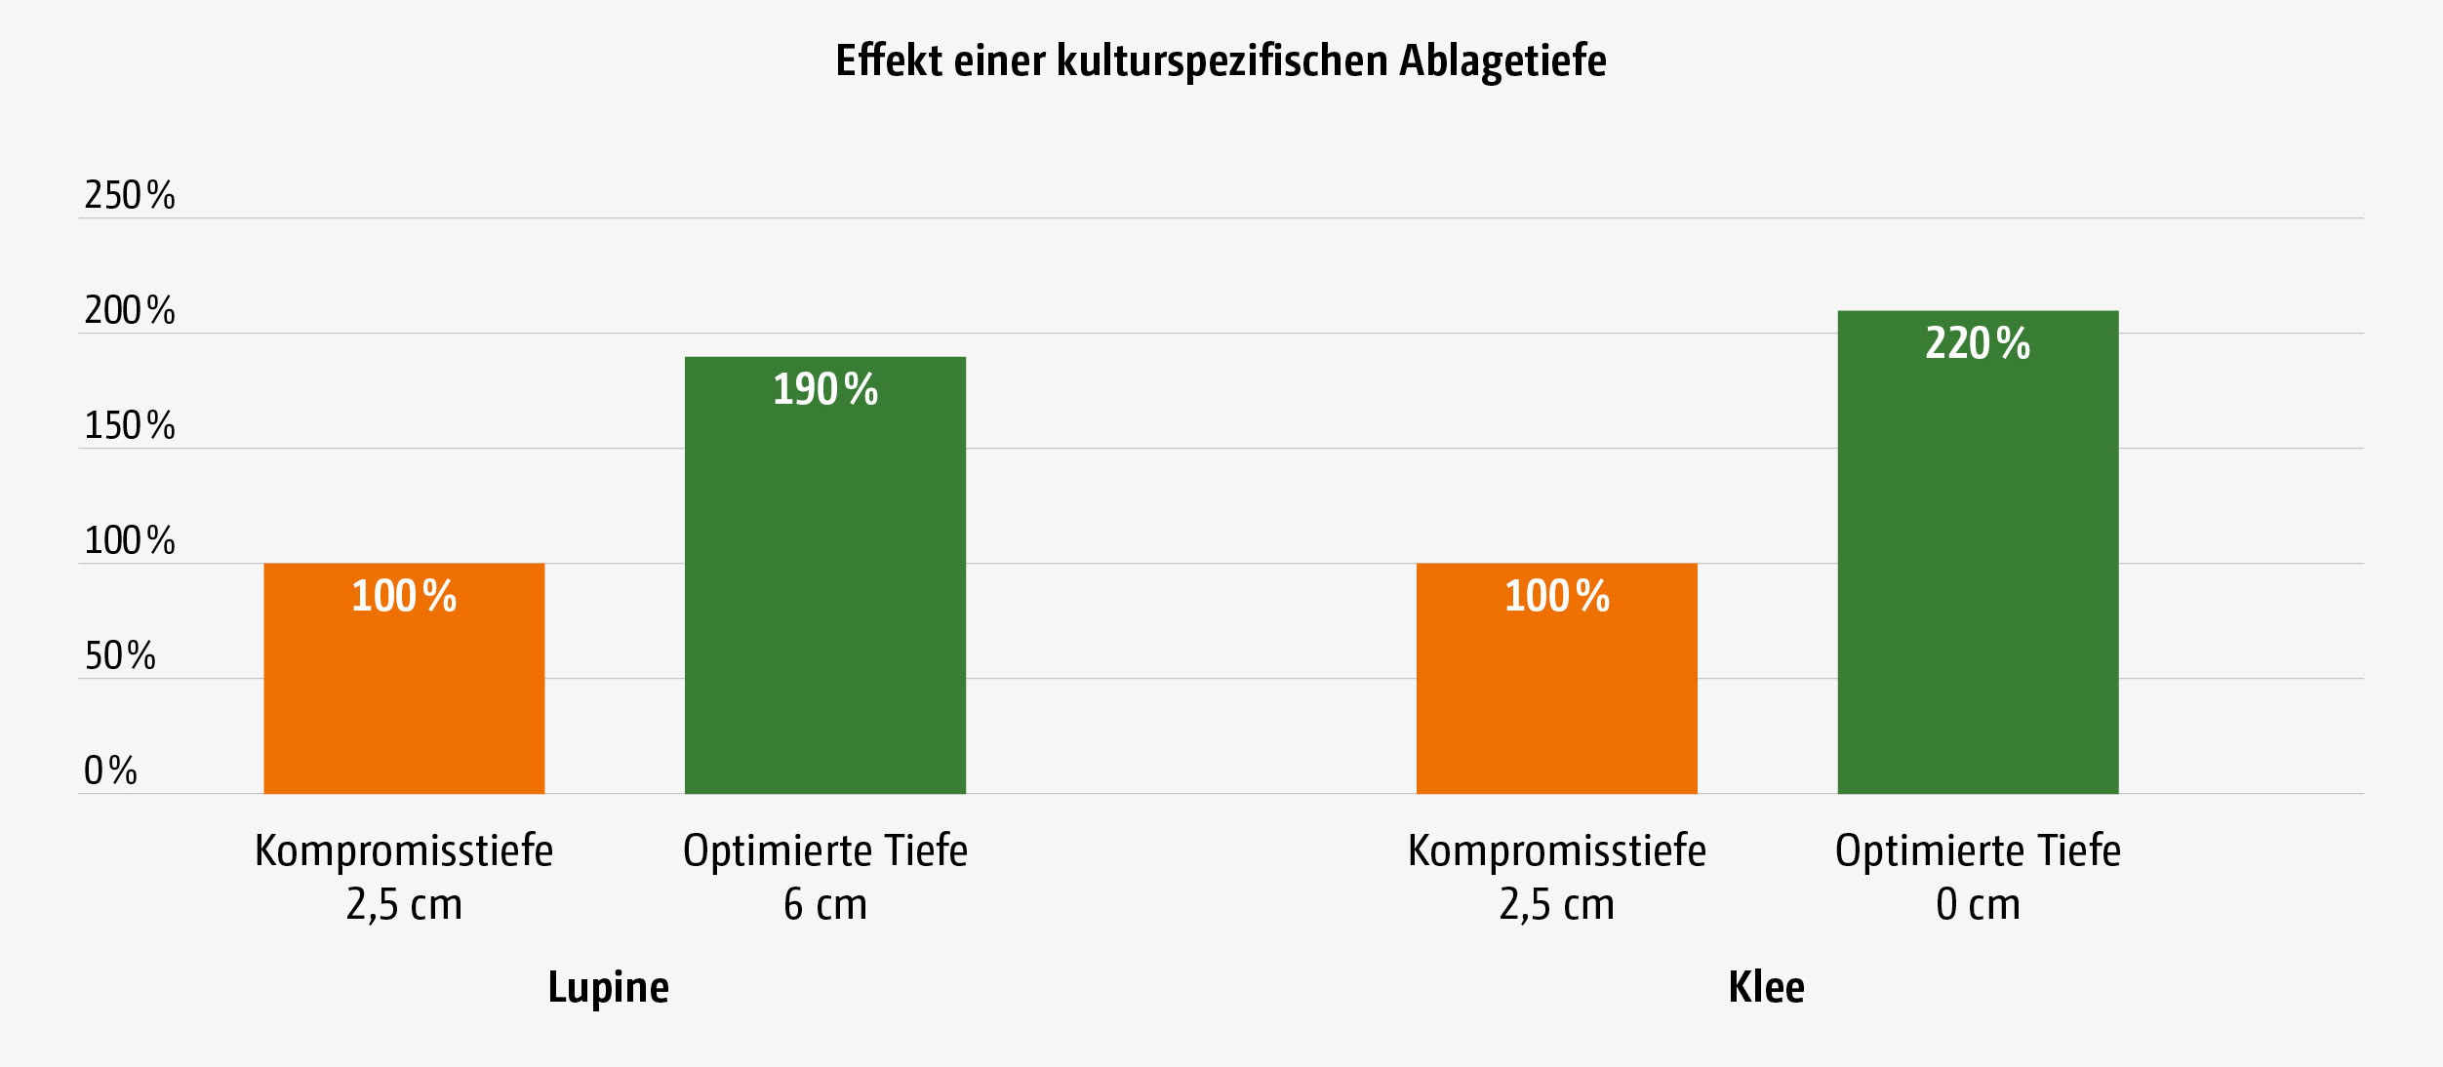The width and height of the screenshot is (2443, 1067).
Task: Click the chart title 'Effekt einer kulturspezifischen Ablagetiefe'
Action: (1221, 60)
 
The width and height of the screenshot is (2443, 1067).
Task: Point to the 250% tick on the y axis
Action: (130, 195)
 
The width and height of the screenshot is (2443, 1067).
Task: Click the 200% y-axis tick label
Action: (130, 310)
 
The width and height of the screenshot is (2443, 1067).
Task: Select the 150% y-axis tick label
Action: (130, 425)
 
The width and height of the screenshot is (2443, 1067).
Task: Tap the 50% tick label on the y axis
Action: (120, 655)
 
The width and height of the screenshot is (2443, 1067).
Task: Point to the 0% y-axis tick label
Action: (110, 771)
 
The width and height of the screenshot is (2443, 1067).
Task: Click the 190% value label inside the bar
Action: (825, 389)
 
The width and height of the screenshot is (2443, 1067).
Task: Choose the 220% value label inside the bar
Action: (1978, 343)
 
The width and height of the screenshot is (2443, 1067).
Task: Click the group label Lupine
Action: (609, 987)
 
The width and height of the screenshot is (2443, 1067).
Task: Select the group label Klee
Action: (1766, 987)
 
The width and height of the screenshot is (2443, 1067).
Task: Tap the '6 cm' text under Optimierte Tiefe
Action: (825, 904)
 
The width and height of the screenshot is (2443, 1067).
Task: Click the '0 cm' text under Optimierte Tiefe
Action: (1978, 904)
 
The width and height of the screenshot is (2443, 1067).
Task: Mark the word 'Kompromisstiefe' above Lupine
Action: (404, 850)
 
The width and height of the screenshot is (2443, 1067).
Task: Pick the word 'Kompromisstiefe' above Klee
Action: (1556, 850)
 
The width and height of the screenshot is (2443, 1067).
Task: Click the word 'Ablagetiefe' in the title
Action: (1502, 60)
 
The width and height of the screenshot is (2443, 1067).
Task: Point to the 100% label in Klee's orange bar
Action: (1557, 596)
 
